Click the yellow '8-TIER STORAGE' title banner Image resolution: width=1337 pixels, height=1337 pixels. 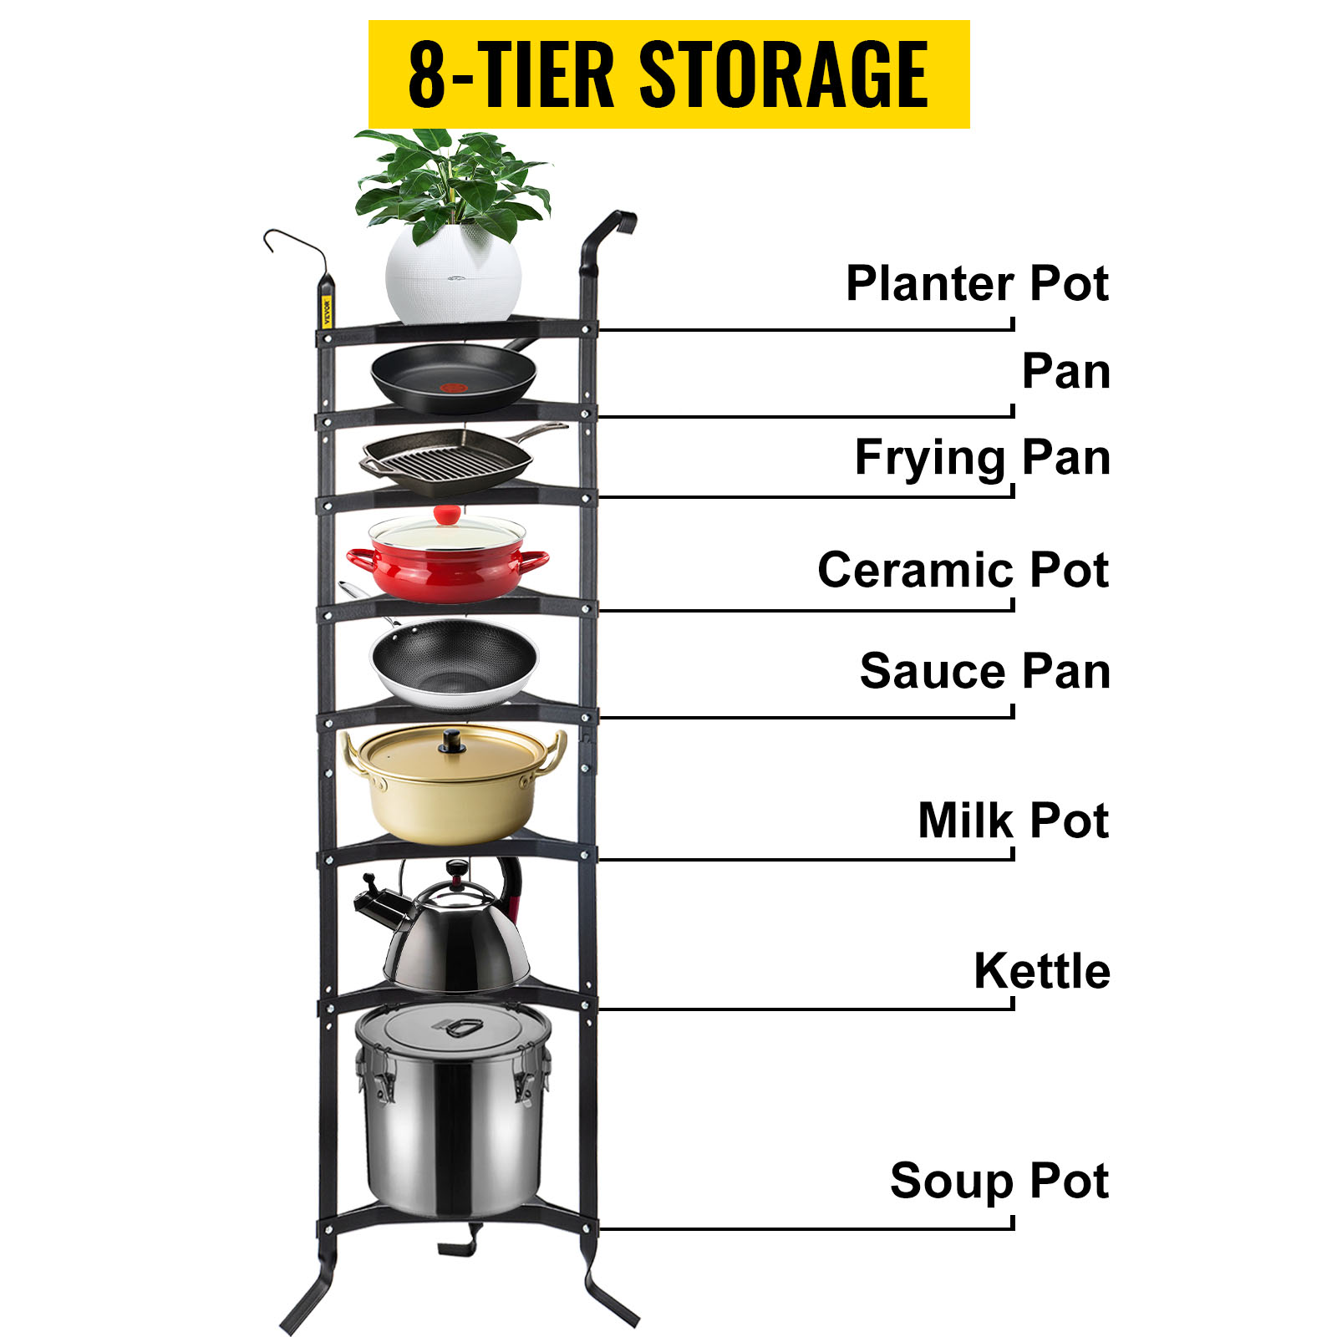(x=668, y=74)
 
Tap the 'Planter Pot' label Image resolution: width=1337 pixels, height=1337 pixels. (x=976, y=284)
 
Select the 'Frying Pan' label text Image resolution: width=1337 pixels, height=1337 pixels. (x=982, y=458)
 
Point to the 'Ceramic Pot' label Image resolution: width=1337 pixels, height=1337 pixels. (x=963, y=570)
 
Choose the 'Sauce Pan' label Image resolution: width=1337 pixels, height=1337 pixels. (x=984, y=672)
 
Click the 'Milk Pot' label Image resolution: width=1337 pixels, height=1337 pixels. (x=1013, y=821)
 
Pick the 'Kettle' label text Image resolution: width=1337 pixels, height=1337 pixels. (x=1041, y=971)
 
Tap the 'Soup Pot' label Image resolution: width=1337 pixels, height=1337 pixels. (x=999, y=1181)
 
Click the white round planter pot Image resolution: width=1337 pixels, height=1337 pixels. (x=453, y=276)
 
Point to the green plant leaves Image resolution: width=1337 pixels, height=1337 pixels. (x=451, y=180)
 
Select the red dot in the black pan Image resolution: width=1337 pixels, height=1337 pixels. (x=453, y=388)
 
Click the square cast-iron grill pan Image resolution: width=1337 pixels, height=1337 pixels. (x=447, y=460)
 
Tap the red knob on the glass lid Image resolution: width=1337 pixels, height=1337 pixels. (x=447, y=514)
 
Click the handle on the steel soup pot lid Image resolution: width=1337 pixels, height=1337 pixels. (x=459, y=1027)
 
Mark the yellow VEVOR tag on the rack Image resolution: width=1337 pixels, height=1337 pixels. (x=327, y=311)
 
